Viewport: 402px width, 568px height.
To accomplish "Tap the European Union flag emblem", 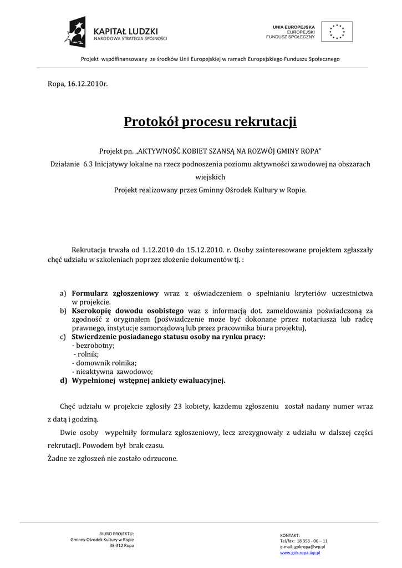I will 337,32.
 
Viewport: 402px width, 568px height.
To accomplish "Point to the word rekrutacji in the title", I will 266,121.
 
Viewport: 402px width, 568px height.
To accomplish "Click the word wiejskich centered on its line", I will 210,177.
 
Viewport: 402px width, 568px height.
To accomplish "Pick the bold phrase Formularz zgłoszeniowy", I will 115,293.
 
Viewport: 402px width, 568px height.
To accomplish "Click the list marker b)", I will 63,311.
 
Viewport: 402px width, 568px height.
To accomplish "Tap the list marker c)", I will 63,337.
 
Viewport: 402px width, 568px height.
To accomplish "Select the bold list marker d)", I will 63,381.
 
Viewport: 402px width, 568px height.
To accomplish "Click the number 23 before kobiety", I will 178,406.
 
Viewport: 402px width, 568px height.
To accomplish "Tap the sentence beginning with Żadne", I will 113,459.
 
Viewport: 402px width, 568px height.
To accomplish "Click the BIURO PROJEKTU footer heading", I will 116,533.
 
